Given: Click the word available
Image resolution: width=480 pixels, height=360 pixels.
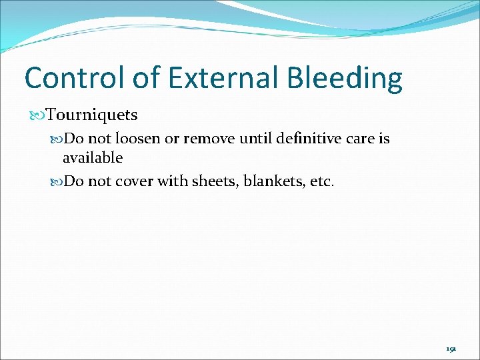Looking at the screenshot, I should [x=93, y=158].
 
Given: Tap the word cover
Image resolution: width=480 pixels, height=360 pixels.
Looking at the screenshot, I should [x=133, y=182].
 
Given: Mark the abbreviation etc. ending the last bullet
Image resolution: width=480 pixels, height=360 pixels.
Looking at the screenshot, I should [x=321, y=182].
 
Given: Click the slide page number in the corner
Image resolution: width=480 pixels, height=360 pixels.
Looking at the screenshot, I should [x=451, y=348].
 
